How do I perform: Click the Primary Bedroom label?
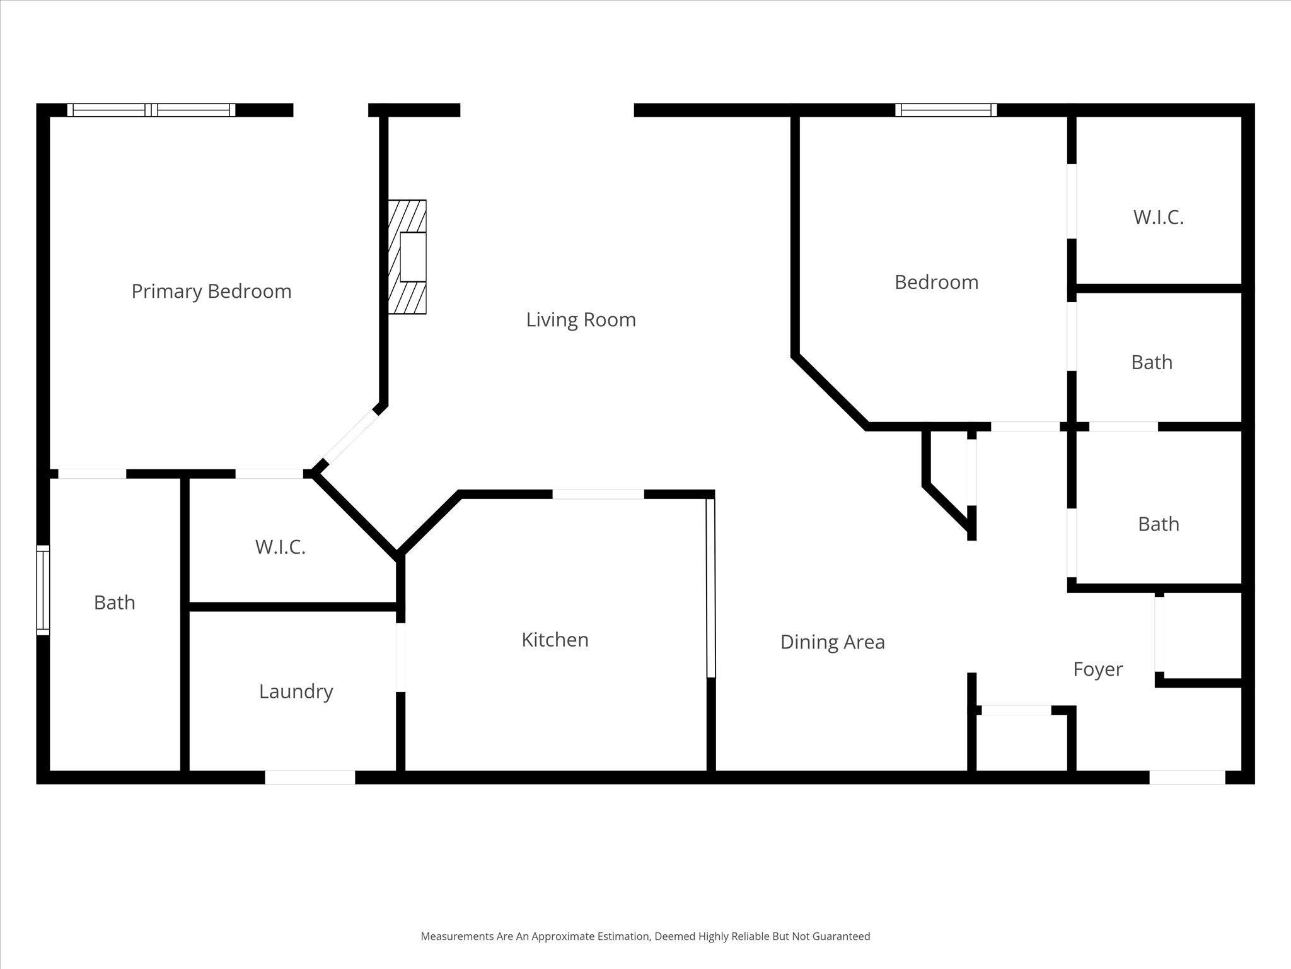(211, 291)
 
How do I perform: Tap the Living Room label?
(581, 320)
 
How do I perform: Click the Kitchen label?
(555, 640)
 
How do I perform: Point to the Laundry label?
(296, 691)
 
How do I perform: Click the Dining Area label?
(832, 642)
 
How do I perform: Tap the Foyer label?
(1097, 669)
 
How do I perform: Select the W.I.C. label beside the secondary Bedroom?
(1158, 218)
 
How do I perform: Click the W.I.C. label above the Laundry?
(280, 547)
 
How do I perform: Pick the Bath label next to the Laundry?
(114, 602)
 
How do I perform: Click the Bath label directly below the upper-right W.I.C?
(1151, 363)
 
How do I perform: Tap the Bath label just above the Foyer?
(1158, 524)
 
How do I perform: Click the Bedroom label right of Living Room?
(936, 282)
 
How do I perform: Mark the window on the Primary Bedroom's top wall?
(151, 110)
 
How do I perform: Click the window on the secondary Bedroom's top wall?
(946, 110)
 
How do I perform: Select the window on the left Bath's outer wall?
(43, 590)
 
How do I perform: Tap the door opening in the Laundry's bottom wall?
(310, 777)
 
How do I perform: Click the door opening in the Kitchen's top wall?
(598, 494)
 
